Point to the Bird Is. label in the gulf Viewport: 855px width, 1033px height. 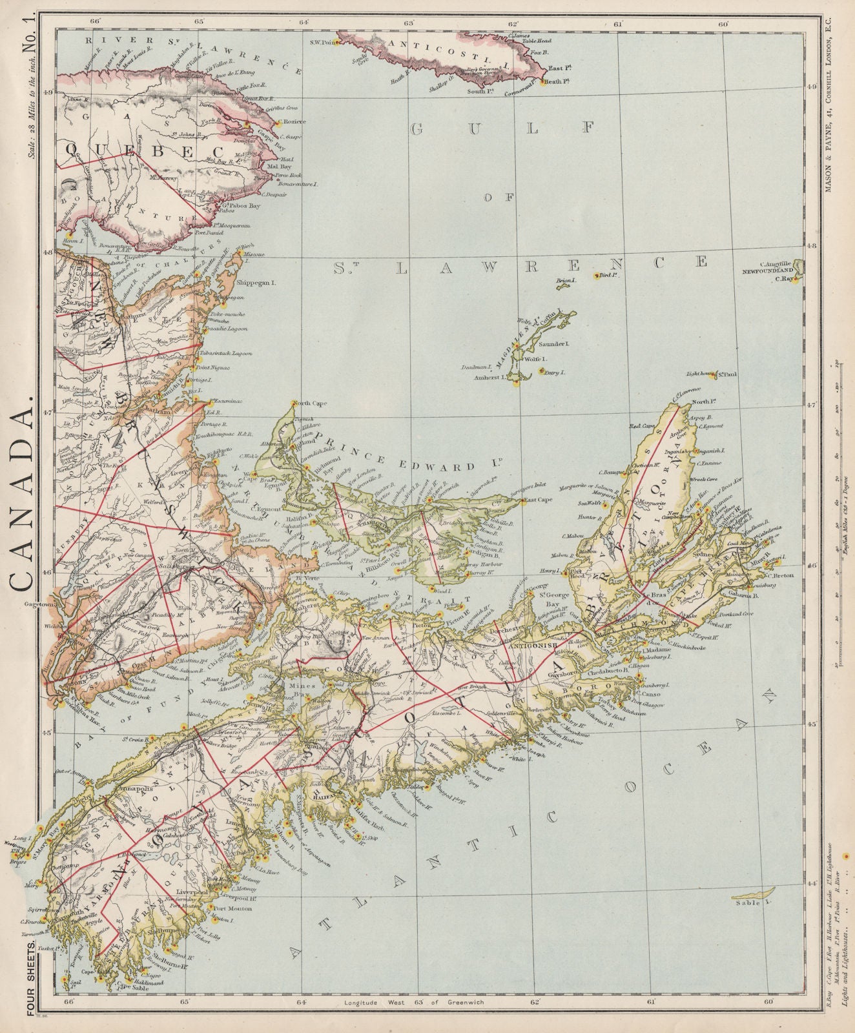pyautogui.click(x=604, y=275)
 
